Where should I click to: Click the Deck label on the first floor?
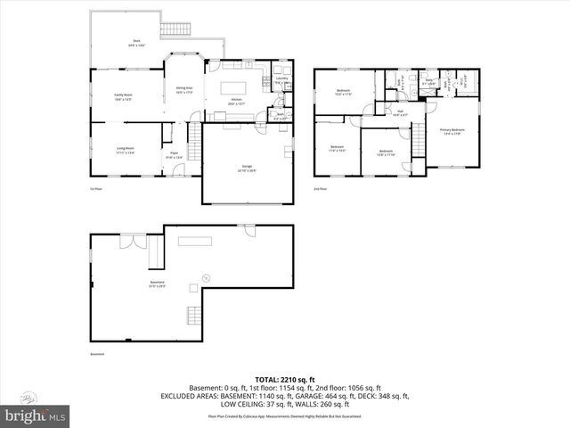coord(137,42)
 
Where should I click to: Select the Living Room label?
coord(124,149)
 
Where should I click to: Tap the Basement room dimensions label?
coord(157,286)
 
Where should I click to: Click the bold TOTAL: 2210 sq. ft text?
coord(284,379)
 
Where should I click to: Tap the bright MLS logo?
coord(36,416)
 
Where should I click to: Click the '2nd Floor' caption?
coord(320,189)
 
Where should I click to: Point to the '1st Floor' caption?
coord(96,189)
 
